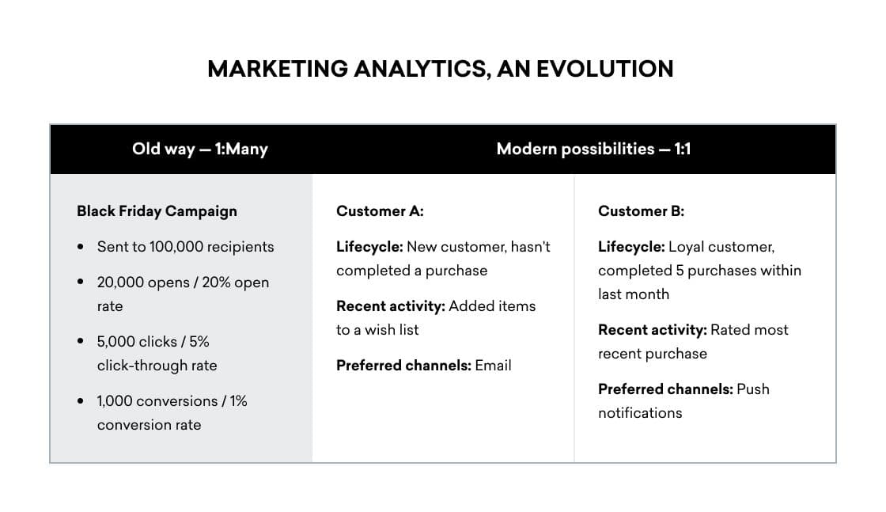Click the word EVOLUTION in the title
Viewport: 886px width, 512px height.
click(x=604, y=69)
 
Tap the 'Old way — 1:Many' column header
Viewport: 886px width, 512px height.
click(x=200, y=149)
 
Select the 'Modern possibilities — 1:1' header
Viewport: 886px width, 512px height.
click(x=593, y=149)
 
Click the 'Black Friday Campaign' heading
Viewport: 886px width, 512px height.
click(x=157, y=211)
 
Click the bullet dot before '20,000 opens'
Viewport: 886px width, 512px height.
click(x=81, y=283)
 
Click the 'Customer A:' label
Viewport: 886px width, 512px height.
click(x=380, y=211)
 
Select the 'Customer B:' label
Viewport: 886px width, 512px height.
click(x=641, y=211)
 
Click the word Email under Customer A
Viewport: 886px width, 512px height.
click(x=493, y=366)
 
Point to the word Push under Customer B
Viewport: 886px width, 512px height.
click(x=752, y=389)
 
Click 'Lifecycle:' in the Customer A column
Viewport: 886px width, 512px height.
click(x=369, y=247)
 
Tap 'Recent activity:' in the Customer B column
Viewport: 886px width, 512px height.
click(x=652, y=330)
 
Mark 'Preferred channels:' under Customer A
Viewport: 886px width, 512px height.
click(x=403, y=366)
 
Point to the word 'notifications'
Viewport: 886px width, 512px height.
click(x=640, y=413)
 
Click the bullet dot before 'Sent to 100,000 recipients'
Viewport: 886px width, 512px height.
click(x=81, y=247)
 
